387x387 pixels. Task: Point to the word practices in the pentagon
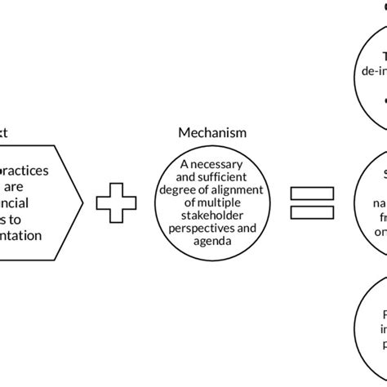26,173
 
